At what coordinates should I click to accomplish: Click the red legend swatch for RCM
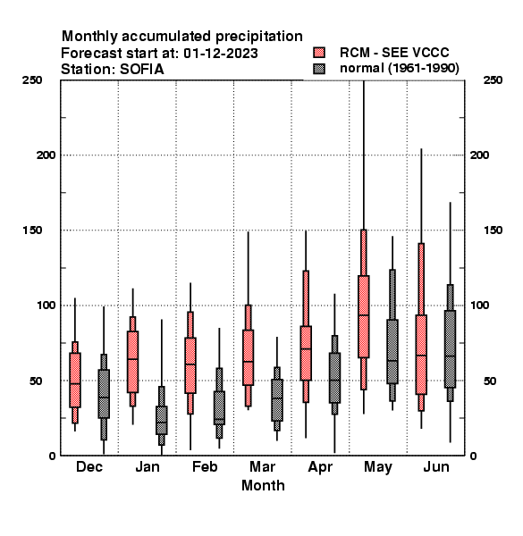(x=319, y=53)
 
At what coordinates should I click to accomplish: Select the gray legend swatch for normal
(x=319, y=69)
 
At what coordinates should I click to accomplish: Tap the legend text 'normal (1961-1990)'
(x=399, y=69)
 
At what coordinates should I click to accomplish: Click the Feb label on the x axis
(x=205, y=466)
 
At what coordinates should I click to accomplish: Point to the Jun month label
(x=436, y=466)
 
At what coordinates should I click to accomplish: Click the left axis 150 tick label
(x=32, y=230)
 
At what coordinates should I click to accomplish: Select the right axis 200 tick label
(x=479, y=155)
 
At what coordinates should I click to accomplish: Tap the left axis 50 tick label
(x=36, y=381)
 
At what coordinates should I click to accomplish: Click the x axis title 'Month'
(x=263, y=485)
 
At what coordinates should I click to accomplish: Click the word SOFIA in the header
(x=142, y=70)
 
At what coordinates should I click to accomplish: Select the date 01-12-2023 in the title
(x=221, y=54)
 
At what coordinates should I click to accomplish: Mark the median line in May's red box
(x=364, y=315)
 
